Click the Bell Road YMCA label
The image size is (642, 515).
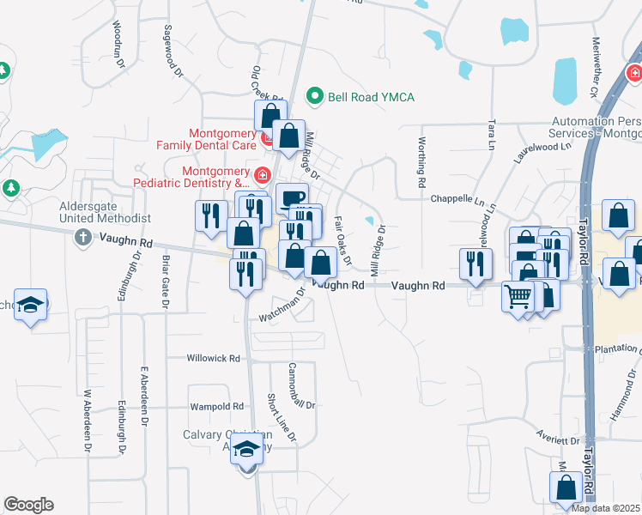pos(371,97)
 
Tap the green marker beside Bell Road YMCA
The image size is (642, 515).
pos(315,96)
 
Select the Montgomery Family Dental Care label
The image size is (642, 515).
pos(223,141)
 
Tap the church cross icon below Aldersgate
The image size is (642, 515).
pos(82,236)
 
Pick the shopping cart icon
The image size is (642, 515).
pos(518,297)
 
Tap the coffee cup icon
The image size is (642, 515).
pos(292,197)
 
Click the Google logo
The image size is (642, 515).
pos(28,505)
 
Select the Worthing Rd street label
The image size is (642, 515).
pos(421,162)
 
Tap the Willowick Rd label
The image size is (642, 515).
pos(215,358)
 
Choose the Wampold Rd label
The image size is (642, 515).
pos(217,406)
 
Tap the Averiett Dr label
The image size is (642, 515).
pos(559,440)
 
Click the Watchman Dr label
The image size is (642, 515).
pos(282,306)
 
